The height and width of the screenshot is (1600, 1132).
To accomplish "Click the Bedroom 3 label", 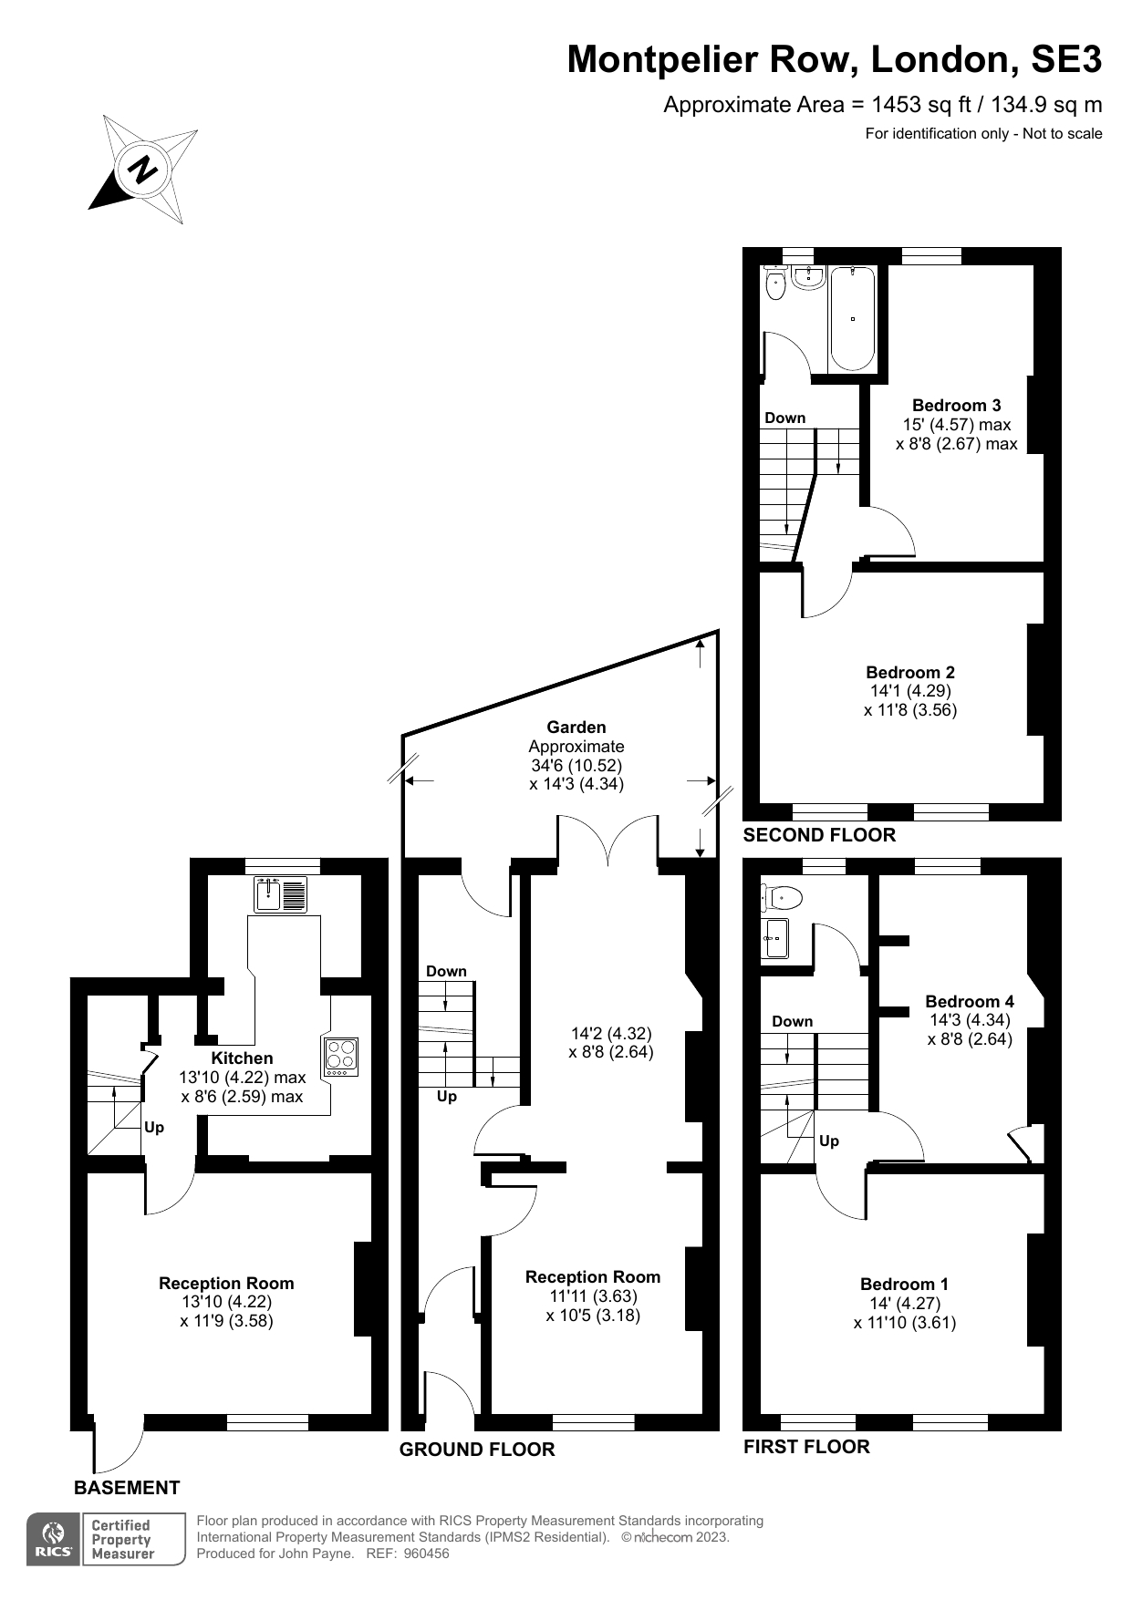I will click(x=956, y=406).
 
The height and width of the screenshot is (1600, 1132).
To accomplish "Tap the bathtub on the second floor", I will click(x=852, y=318).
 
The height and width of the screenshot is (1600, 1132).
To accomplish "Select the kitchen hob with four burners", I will click(x=340, y=1056).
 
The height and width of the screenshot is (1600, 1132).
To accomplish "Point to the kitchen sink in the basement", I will click(x=280, y=894).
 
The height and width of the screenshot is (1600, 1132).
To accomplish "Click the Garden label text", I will click(x=576, y=728).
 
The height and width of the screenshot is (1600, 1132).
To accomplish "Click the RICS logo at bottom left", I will click(x=54, y=1539).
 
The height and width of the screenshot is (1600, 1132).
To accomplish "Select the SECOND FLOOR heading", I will click(x=819, y=835).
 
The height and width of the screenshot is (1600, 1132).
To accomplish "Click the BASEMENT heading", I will click(x=127, y=1488).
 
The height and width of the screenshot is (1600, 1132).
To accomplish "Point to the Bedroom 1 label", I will click(x=904, y=1285).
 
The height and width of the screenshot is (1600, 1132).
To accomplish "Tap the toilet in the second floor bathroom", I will click(x=775, y=284).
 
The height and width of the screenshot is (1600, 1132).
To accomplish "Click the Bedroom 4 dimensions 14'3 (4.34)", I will click(x=969, y=1020).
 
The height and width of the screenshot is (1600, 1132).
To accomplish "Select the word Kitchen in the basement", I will click(x=242, y=1058).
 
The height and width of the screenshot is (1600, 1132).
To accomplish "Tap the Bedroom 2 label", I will click(x=909, y=673).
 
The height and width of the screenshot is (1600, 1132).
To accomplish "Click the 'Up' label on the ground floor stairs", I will click(x=446, y=1097).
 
